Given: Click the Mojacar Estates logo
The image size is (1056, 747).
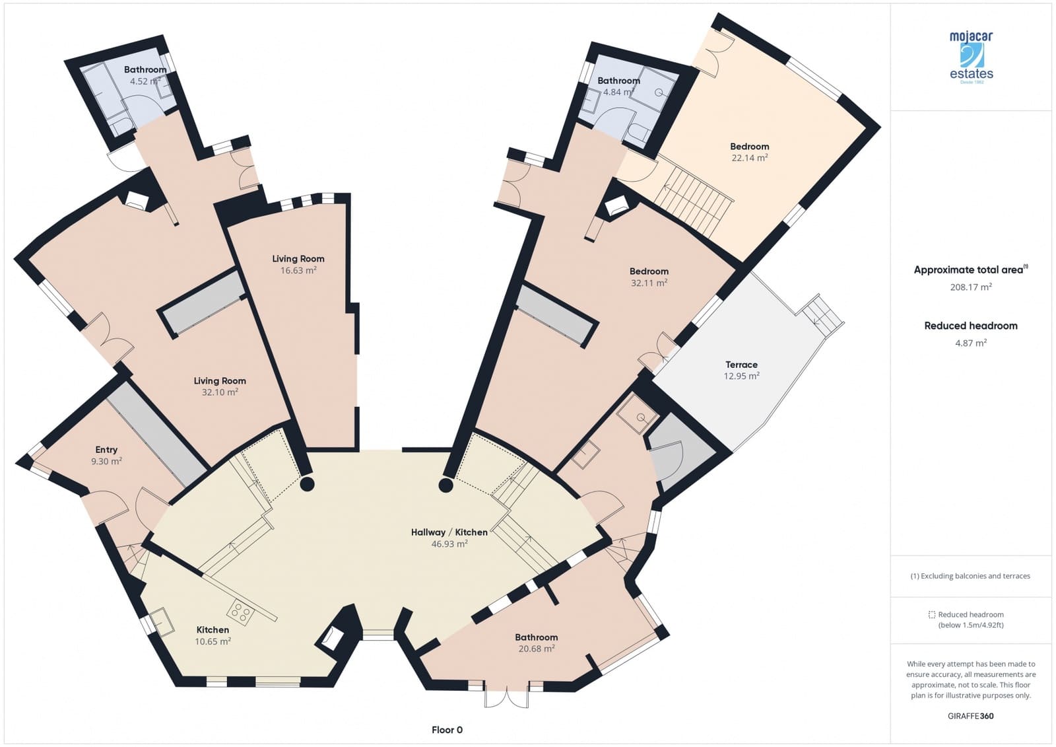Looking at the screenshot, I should click(x=971, y=57).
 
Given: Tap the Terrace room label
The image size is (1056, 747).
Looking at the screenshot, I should click(x=741, y=365).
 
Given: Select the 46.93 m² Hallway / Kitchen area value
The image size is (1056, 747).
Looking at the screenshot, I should click(x=449, y=544).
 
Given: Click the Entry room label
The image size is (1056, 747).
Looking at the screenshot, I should click(x=106, y=450).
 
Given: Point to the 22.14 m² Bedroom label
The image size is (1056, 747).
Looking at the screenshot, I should click(x=749, y=147).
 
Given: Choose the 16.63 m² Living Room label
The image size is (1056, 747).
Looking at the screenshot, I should click(x=298, y=259).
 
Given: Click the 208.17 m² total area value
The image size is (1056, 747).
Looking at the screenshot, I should click(x=970, y=287).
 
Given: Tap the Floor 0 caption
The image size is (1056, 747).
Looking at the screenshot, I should click(x=447, y=730).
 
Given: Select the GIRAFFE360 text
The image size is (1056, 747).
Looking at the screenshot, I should click(x=970, y=716).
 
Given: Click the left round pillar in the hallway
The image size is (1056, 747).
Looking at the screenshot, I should click(x=307, y=484).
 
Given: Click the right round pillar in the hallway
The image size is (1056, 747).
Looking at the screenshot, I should click(x=446, y=487).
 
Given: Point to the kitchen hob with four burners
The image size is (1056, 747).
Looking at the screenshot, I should click(x=241, y=614).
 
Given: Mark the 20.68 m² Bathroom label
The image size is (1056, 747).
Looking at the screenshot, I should click(x=536, y=637).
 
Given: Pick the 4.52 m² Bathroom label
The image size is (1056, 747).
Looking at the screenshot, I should click(x=145, y=70).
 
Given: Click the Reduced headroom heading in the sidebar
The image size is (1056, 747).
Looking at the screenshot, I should click(x=970, y=326).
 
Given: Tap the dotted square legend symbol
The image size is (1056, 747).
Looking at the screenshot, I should click(x=931, y=615).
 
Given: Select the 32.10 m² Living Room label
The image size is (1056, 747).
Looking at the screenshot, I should click(x=220, y=381).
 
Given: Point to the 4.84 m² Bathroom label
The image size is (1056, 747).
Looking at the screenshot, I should click(x=618, y=81).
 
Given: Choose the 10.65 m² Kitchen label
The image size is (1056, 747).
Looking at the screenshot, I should click(x=213, y=630).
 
